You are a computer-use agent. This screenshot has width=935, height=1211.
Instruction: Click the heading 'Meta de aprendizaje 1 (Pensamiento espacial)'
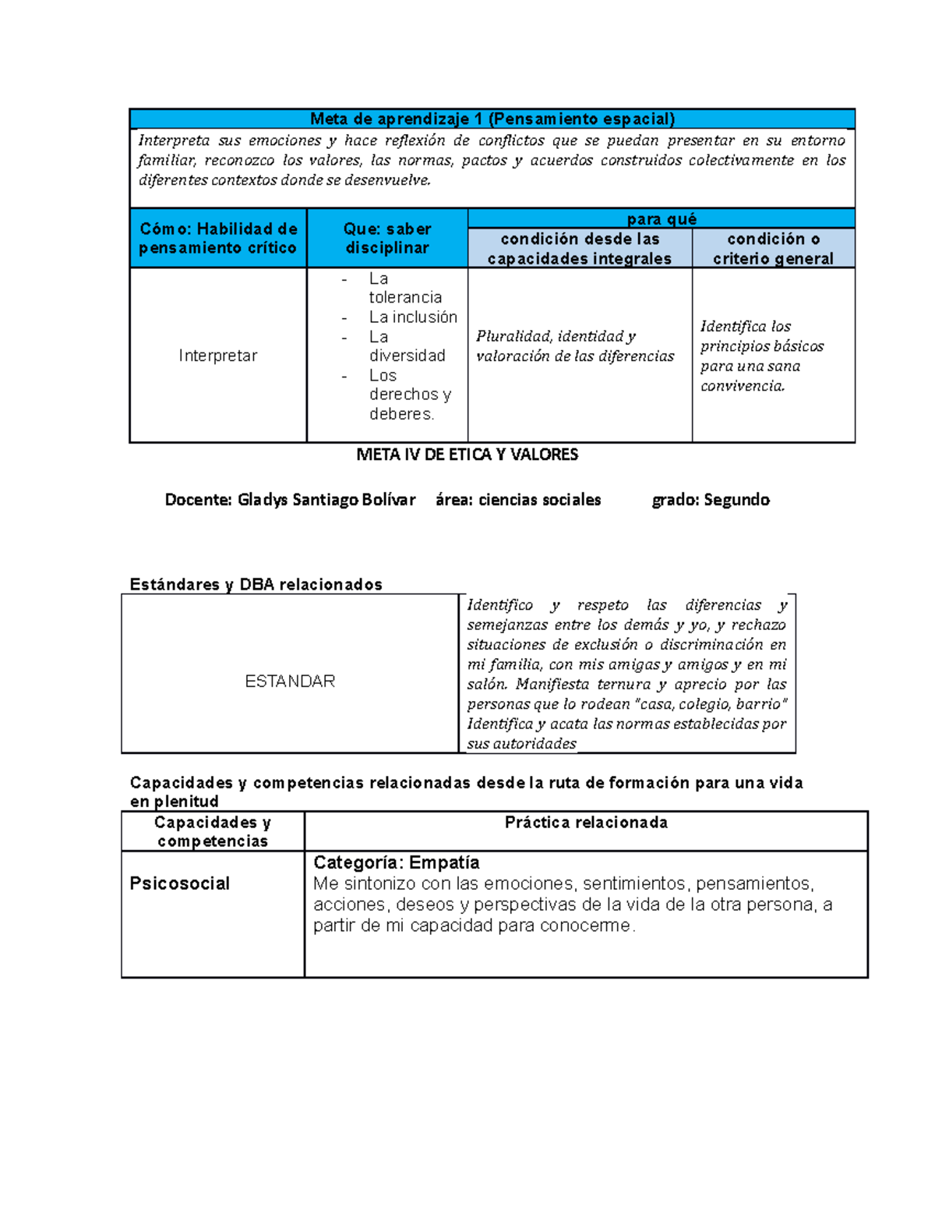(492, 119)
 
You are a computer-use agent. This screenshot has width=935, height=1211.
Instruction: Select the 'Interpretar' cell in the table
(217, 356)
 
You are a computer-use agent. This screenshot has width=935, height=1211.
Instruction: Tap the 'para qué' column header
(661, 219)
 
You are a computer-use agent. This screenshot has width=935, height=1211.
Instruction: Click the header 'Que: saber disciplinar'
(387, 238)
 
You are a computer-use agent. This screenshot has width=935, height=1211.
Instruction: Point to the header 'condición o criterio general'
(773, 248)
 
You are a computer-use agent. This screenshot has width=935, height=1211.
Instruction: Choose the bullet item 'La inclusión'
(413, 317)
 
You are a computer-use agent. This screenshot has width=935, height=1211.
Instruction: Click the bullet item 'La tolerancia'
(404, 288)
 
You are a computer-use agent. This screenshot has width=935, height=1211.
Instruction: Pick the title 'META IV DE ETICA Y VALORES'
(467, 455)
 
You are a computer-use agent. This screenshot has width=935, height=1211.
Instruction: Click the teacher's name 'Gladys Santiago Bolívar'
(326, 500)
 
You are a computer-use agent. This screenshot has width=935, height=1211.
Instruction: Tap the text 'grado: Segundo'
(711, 500)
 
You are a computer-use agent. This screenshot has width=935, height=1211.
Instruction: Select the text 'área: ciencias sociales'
(518, 500)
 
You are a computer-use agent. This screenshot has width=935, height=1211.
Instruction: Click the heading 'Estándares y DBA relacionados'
(256, 584)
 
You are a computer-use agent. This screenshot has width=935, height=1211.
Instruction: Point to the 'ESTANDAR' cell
(290, 681)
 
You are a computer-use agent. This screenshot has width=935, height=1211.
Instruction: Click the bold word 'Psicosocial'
(179, 883)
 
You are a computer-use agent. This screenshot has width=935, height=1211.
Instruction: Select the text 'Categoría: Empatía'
(396, 862)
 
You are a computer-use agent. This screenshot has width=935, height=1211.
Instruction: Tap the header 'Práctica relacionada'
(586, 822)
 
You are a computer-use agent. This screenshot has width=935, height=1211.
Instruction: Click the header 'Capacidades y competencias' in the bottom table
(212, 831)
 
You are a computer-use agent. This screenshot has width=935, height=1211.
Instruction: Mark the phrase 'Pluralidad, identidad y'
(556, 336)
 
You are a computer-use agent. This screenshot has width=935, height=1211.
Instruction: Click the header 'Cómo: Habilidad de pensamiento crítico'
(218, 238)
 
